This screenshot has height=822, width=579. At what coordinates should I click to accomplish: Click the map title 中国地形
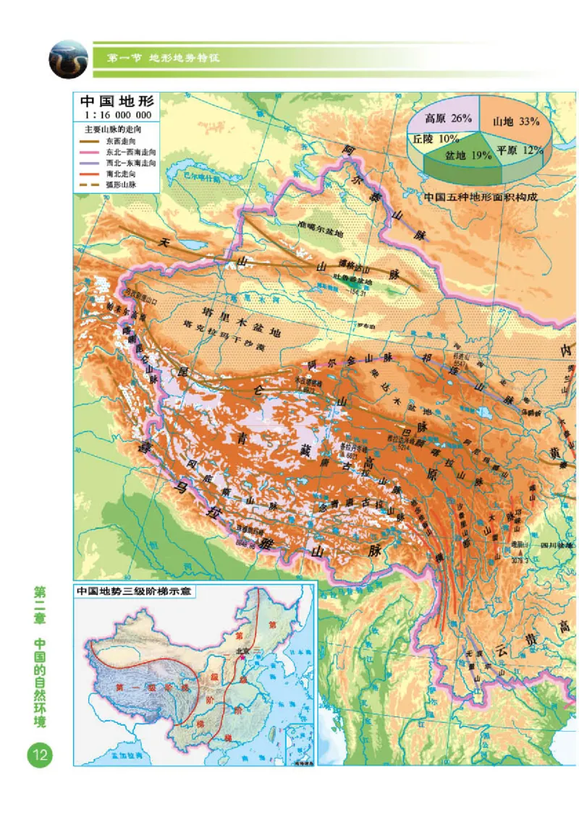tap(116, 102)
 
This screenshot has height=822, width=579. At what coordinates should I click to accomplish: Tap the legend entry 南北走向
tap(120, 174)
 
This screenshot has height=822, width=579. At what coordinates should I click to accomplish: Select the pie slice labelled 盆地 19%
tap(463, 155)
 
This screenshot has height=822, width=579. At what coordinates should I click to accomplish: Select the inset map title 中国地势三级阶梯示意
tap(138, 591)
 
